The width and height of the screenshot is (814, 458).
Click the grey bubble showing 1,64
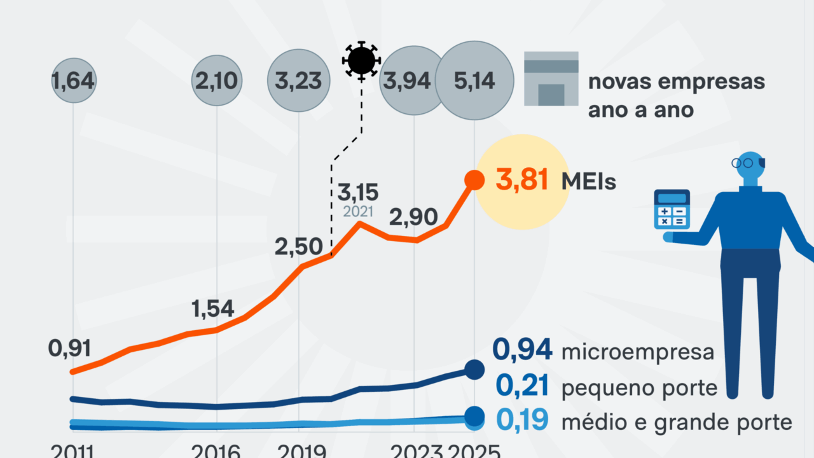[x=73, y=81]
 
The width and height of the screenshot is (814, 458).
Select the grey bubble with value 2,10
[x=217, y=81]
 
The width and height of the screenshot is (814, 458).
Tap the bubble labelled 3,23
[x=299, y=81]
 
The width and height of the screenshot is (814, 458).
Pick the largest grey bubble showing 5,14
[x=474, y=81]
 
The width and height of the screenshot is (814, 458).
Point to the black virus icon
[x=361, y=60]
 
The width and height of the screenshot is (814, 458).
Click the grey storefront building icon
[x=551, y=78]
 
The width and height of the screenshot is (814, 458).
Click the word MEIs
[x=588, y=181]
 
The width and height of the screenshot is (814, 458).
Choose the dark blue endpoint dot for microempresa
[x=474, y=369]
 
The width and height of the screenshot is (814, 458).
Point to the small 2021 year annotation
[x=358, y=212]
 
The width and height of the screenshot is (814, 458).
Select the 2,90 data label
[x=413, y=218]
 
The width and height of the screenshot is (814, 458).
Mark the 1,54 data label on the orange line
[x=213, y=309]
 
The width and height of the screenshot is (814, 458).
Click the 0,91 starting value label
[x=70, y=348]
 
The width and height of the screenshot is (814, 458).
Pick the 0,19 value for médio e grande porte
[x=521, y=421]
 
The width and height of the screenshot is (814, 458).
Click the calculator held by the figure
[x=672, y=209]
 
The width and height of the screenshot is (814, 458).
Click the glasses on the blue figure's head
[x=742, y=163]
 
